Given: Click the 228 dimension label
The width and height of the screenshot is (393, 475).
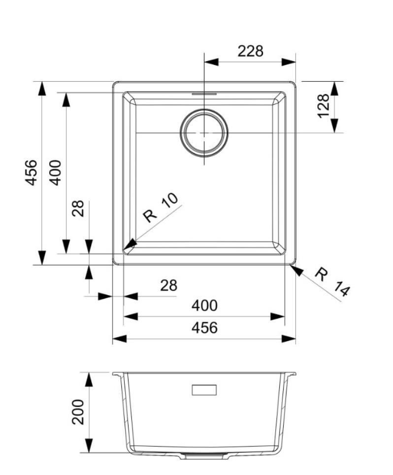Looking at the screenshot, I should pyautogui.click(x=250, y=51).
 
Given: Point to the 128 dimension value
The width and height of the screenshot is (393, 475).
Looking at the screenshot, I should pyautogui.click(x=323, y=106).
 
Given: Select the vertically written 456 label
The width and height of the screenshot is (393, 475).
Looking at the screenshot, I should pyautogui.click(x=31, y=172).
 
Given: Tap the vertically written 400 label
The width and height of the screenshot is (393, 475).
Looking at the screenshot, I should pyautogui.click(x=56, y=172).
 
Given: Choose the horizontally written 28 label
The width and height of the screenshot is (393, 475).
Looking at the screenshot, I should pyautogui.click(x=168, y=285).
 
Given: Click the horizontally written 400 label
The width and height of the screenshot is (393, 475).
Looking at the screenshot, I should pyautogui.click(x=204, y=305).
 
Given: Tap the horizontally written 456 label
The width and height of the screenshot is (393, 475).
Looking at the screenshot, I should pyautogui.click(x=204, y=327).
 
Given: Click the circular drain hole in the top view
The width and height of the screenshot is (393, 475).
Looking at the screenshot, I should pyautogui.click(x=204, y=133).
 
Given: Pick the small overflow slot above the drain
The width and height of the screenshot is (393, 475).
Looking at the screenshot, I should pyautogui.click(x=204, y=92).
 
